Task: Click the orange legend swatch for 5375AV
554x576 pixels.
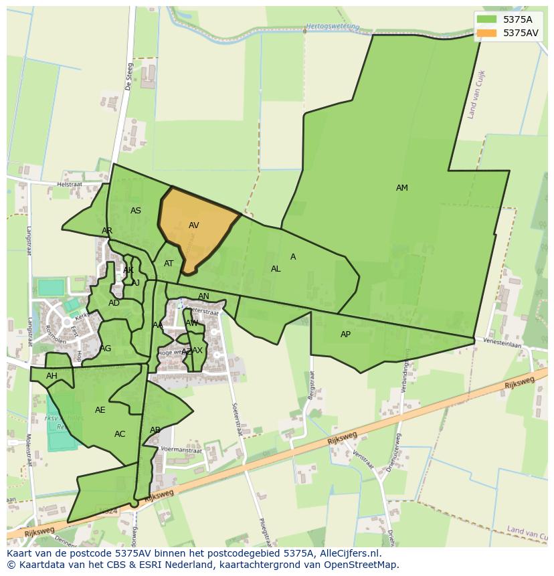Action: [x=487, y=33]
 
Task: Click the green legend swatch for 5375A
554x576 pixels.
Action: [x=487, y=19]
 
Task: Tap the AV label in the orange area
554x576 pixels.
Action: [x=194, y=225]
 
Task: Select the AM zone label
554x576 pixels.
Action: [x=401, y=188]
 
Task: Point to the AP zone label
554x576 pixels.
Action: [x=345, y=334]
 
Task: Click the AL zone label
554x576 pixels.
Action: [x=276, y=269]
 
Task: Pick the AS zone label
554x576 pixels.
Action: [x=136, y=211]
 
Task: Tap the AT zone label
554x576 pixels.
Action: [x=169, y=264]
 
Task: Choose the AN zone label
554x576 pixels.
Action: [x=203, y=296]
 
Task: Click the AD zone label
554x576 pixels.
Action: [x=114, y=303]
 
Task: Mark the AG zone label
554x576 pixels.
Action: [x=106, y=349]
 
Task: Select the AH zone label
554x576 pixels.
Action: [x=52, y=376]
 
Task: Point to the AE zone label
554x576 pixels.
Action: [x=100, y=410]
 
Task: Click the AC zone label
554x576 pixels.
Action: [x=120, y=434]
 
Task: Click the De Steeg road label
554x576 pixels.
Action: [x=129, y=76]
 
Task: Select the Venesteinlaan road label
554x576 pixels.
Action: [x=504, y=343]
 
